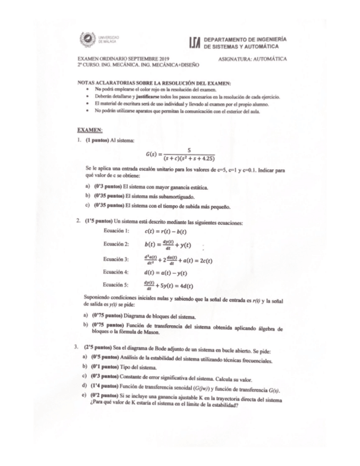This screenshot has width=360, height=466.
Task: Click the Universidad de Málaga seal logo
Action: click(x=87, y=40)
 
